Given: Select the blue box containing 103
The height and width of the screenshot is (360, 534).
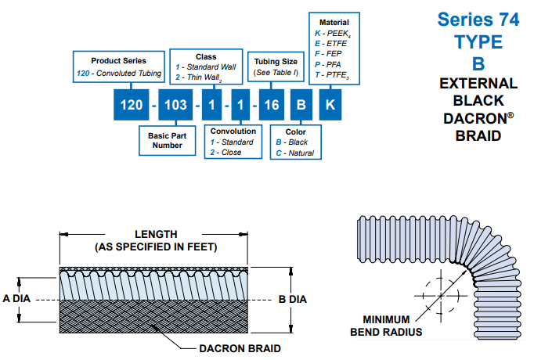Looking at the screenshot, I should point(176,104).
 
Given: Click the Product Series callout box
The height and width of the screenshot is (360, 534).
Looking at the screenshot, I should point(118,67).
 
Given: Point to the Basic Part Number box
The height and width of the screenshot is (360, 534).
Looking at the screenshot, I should point(165,140).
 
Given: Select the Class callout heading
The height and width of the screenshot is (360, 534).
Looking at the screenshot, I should point(206,57).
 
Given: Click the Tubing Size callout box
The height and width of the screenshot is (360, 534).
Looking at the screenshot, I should point(272,67).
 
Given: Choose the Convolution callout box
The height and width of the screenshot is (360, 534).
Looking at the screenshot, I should point(233,142).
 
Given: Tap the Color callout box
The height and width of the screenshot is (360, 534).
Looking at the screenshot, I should point(294,142).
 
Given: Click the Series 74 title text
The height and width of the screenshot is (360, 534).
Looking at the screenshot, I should point(478,20).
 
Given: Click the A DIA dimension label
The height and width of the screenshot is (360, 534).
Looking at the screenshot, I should point(16,299).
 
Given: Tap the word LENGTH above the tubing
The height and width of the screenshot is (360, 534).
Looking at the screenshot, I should point(156,234).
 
